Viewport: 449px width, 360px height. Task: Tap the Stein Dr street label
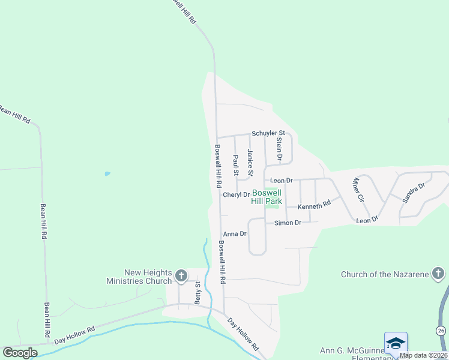tap(279, 148)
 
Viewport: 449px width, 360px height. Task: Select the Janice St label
tap(250, 163)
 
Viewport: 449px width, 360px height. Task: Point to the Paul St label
tap(236, 166)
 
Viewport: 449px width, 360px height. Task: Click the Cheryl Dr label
tap(236, 194)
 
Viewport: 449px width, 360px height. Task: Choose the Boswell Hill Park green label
tap(267, 197)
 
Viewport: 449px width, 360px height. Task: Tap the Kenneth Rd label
tap(315, 205)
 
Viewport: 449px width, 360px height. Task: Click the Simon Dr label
tap(288, 223)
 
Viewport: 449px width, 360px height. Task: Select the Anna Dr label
tap(235, 233)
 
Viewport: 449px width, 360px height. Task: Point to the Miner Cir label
tap(358, 189)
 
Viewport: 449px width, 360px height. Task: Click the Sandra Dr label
tap(413, 191)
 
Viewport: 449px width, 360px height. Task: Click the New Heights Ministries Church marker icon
tap(181, 277)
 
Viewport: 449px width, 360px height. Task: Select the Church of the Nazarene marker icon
tap(439, 274)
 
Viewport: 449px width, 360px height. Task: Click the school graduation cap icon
tap(396, 343)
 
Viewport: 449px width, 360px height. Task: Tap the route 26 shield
tap(441, 331)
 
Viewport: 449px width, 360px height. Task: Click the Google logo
tap(20, 353)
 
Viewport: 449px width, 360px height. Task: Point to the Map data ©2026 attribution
tap(424, 355)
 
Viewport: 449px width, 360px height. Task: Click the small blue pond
tap(107, 174)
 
